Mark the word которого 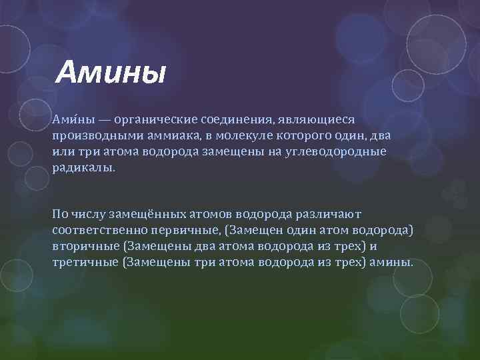coord(295,135)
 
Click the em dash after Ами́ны coord(102,119)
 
